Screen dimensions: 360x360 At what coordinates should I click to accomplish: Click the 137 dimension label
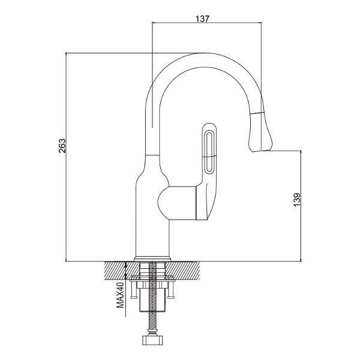(203, 19)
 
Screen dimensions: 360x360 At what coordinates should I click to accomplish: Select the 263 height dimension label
(62, 146)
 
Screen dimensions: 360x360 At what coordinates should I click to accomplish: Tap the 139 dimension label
(296, 199)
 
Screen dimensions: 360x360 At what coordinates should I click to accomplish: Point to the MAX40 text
(120, 295)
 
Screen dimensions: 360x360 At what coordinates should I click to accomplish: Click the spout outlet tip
(262, 151)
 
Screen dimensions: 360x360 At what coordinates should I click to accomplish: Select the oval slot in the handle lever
(210, 152)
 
